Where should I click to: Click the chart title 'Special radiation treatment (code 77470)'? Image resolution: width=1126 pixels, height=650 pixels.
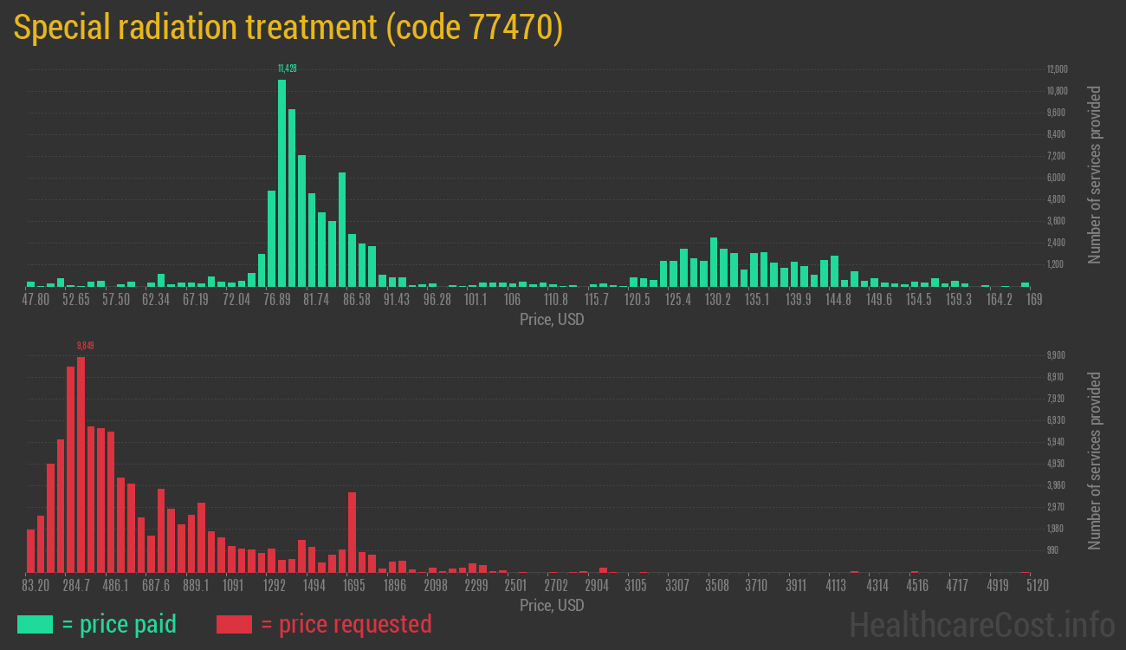tap(288, 28)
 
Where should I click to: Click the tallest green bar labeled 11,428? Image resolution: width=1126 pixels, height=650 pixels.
tap(281, 183)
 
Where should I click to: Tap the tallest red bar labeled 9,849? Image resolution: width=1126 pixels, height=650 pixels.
tap(81, 465)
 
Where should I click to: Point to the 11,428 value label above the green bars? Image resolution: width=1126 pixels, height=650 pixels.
tap(287, 68)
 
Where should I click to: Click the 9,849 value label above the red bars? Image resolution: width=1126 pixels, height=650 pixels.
tap(85, 346)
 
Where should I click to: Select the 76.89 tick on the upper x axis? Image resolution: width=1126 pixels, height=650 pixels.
tap(277, 300)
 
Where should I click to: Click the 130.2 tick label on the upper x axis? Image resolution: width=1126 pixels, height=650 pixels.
tap(718, 300)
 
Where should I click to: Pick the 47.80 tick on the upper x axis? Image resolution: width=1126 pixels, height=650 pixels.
tap(36, 300)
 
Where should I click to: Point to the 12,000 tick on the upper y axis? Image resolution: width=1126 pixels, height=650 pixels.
tap(1057, 69)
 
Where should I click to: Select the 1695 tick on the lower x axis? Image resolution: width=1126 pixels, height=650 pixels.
tap(354, 586)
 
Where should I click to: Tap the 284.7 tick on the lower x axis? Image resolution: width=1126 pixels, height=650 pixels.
tap(76, 586)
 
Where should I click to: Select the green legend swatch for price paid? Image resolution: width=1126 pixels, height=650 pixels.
tap(35, 624)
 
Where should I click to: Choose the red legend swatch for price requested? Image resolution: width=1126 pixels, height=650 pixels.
tap(234, 624)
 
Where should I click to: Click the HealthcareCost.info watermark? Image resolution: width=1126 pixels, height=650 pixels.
tap(981, 624)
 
